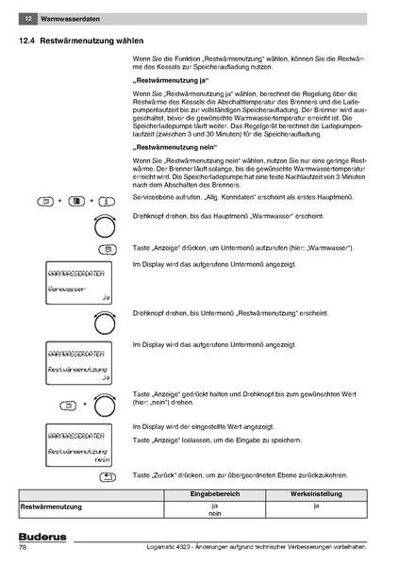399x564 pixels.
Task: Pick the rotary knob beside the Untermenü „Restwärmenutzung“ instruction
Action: coord(106,322)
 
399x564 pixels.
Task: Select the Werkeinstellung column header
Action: coord(316,493)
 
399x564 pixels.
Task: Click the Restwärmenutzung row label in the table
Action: coord(51,506)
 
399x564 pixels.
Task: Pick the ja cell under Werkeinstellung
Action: coord(316,506)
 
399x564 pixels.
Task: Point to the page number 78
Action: coord(23,549)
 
